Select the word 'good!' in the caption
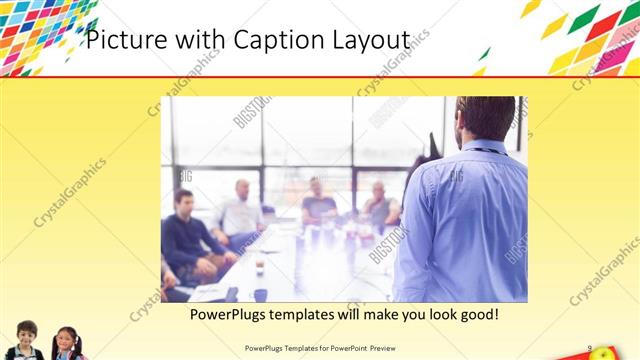click(x=476, y=315)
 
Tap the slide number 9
click(x=590, y=348)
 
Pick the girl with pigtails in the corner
click(x=67, y=342)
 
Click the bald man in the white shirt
click(x=241, y=211)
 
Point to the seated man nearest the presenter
click(x=380, y=205)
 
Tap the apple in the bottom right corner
click(x=605, y=353)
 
